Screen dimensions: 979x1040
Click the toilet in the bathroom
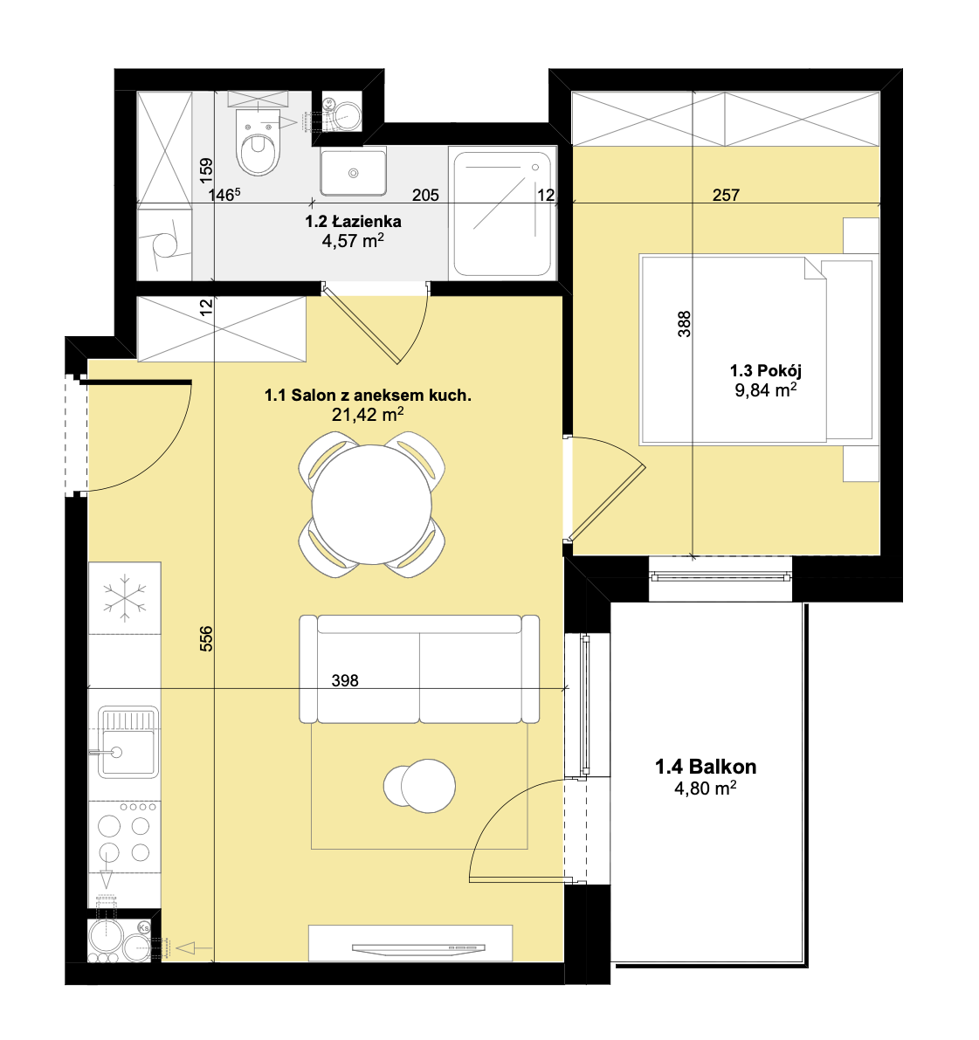pyautogui.click(x=258, y=141)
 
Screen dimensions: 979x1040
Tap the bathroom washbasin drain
pyautogui.click(x=354, y=173)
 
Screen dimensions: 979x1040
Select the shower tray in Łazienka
pyautogui.click(x=503, y=214)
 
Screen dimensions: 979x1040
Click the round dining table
pyautogui.click(x=371, y=504)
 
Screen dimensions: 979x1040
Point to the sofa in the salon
pyautogui.click(x=419, y=669)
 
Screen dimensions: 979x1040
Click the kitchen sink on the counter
pyautogui.click(x=128, y=741)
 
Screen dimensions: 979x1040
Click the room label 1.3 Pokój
pyautogui.click(x=765, y=370)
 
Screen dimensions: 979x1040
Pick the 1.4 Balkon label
pyautogui.click(x=706, y=767)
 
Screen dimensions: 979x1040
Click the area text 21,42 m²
pyautogui.click(x=368, y=415)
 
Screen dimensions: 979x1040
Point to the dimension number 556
pyautogui.click(x=206, y=638)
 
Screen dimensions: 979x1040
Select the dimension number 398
pyautogui.click(x=345, y=680)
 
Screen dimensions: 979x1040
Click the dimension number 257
pyautogui.click(x=726, y=195)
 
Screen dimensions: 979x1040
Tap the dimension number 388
pyautogui.click(x=684, y=324)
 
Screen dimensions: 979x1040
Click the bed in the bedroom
pyautogui.click(x=756, y=349)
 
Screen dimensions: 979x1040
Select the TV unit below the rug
pyautogui.click(x=410, y=943)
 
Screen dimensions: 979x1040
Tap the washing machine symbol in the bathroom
pyautogui.click(x=164, y=243)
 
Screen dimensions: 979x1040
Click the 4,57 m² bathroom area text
pyautogui.click(x=353, y=240)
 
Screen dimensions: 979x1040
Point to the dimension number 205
pyautogui.click(x=425, y=195)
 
